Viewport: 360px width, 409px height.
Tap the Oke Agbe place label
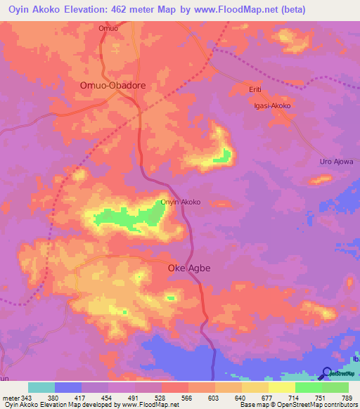coord(189,268)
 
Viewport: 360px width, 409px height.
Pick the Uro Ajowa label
coord(336,162)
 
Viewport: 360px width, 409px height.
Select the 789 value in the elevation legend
coord(347,398)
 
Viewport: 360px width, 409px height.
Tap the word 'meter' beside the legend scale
coord(11,398)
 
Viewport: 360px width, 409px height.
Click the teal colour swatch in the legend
coord(41,387)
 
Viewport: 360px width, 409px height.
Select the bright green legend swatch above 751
coord(308,387)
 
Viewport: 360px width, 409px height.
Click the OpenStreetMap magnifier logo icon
coord(326,373)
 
